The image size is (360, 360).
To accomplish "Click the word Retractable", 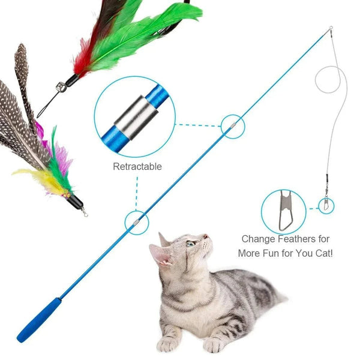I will [137, 166].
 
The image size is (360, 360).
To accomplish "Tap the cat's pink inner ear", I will [161, 255].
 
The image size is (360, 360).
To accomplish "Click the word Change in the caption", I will [259, 238].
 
